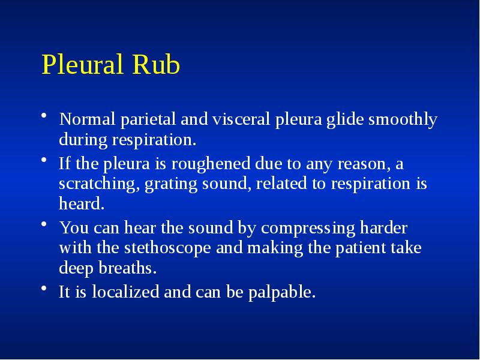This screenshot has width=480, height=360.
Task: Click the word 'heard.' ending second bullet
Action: [82, 204]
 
